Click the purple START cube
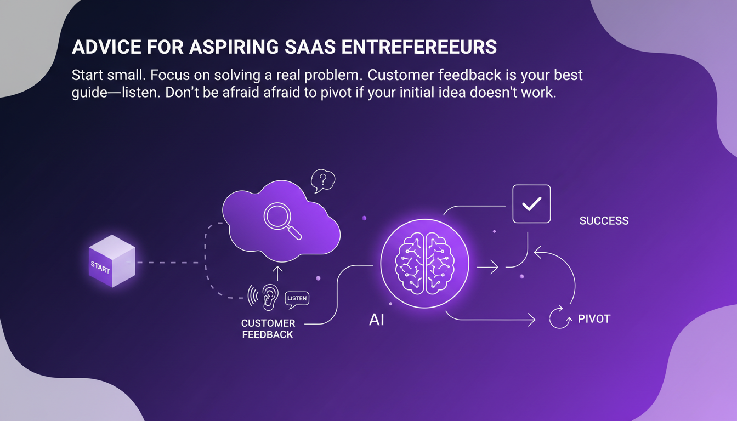coord(111,261)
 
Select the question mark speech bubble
coord(322,180)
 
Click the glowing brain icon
coord(424,259)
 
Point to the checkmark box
coord(531,204)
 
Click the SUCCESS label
coord(604,221)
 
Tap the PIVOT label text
coord(594,318)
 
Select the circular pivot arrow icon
coord(560,318)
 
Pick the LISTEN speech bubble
coord(297,298)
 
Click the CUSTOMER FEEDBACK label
coord(268,329)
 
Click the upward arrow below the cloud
coord(277,272)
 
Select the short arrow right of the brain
coord(487,268)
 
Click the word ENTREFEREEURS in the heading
coord(419,47)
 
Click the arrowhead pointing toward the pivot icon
coord(531,318)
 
